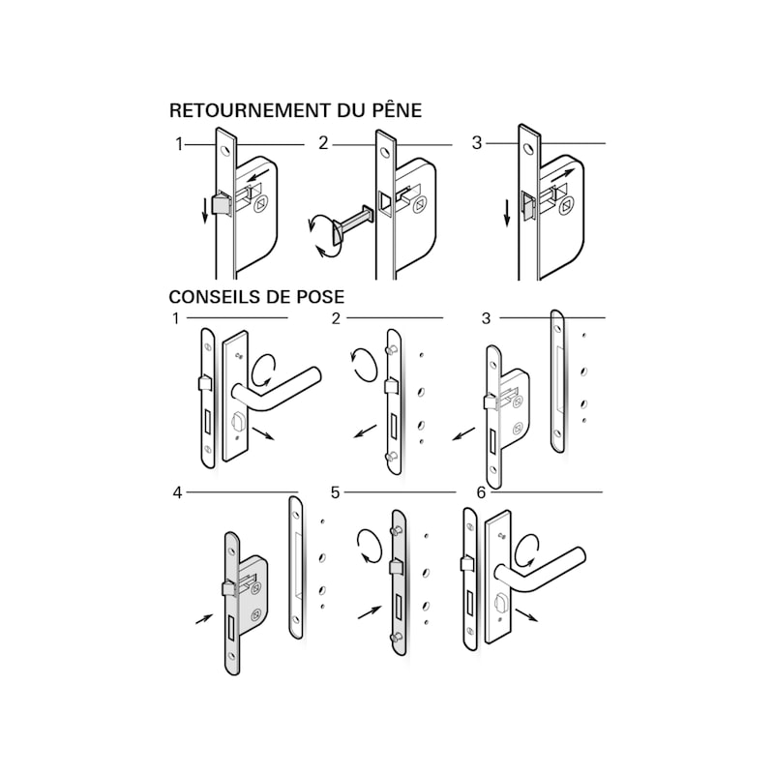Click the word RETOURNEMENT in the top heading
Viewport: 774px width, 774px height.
(251, 110)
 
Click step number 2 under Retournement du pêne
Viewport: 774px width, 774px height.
(323, 143)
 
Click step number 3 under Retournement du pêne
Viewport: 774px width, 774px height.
(476, 142)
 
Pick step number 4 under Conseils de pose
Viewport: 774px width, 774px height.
(178, 492)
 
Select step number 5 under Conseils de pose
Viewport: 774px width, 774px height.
(335, 492)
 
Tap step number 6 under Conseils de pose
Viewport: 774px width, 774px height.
(481, 492)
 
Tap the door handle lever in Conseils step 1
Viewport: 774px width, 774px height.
(277, 390)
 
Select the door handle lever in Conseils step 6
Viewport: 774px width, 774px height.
(539, 570)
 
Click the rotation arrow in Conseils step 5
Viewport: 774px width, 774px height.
(370, 546)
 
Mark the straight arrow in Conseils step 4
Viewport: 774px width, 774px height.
(204, 619)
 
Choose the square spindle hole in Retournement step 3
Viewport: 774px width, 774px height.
(567, 207)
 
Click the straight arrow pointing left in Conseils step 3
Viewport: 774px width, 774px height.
(463, 434)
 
